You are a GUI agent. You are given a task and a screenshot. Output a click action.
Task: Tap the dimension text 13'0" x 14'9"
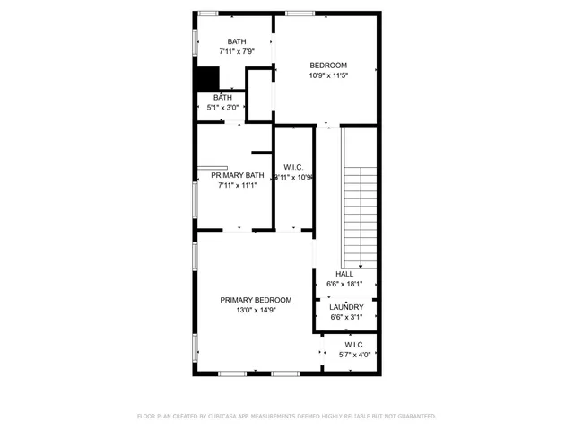[256, 311]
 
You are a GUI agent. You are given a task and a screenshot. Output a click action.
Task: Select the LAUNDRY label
[346, 307]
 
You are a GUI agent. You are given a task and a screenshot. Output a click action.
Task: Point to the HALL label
[344, 274]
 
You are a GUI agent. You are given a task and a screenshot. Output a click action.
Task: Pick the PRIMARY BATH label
[237, 175]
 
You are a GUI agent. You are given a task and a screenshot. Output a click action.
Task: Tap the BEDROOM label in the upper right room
[328, 66]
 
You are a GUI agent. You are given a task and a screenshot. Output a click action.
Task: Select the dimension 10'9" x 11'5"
[328, 76]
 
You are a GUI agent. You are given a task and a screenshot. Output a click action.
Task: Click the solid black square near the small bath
[208, 79]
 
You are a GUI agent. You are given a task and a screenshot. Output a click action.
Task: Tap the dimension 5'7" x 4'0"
[354, 355]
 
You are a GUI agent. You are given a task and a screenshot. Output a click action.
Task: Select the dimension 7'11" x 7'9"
[237, 52]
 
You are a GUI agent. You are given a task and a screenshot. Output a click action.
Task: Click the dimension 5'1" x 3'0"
[222, 108]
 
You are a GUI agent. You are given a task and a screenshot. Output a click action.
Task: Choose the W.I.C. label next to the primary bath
[293, 167]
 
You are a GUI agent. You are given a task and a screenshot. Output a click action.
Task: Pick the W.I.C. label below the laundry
[354, 344]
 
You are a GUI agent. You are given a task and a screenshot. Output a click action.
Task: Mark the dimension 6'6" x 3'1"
[346, 318]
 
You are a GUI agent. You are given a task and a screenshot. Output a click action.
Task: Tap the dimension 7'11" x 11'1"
[237, 186]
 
